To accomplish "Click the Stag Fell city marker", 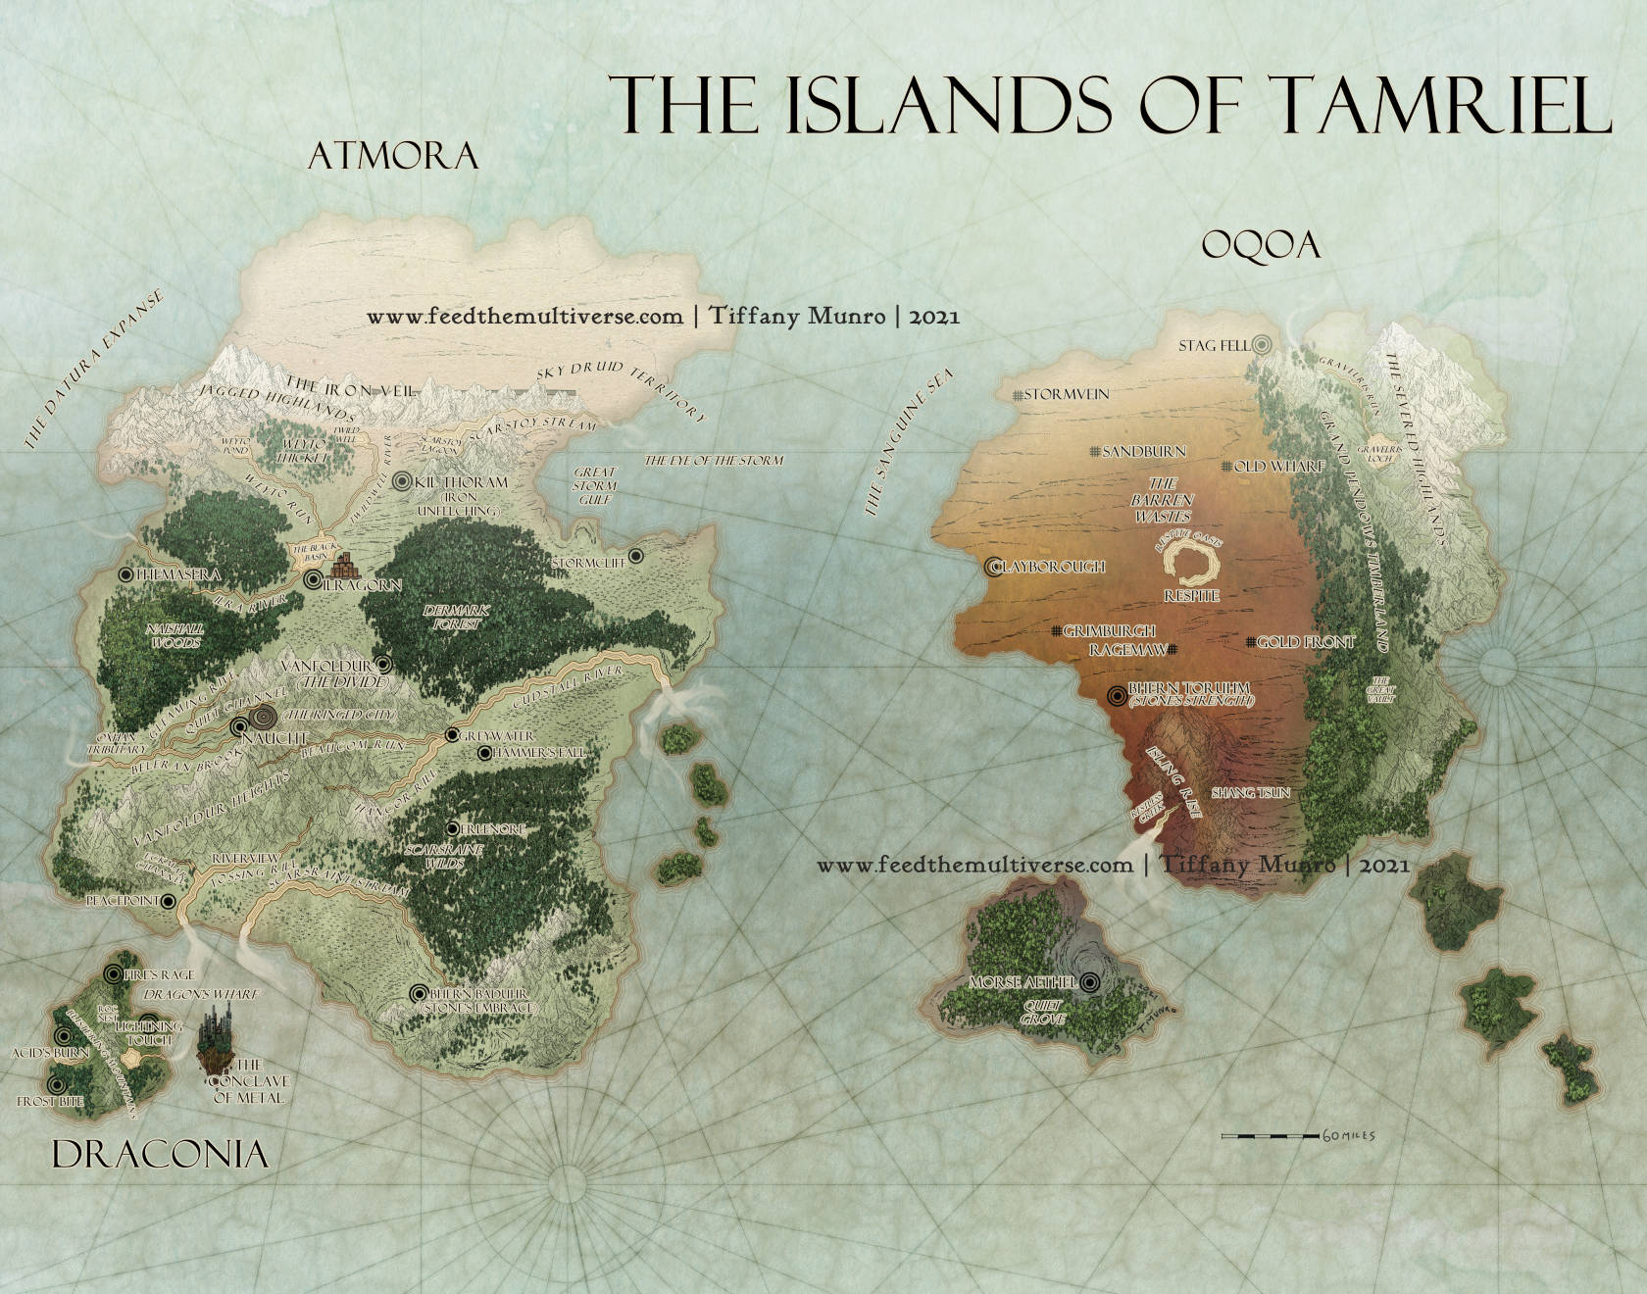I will [1263, 344].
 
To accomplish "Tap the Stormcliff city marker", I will [635, 556].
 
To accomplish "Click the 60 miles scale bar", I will [1270, 1135].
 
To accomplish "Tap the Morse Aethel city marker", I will [1090, 981].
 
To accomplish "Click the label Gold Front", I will [1305, 642].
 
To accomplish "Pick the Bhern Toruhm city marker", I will [1116, 695].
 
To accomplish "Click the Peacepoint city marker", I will [168, 901].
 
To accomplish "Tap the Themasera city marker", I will [125, 574].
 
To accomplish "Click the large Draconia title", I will [160, 1155].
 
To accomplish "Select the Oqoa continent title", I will [1261, 245].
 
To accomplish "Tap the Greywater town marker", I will [452, 735].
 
